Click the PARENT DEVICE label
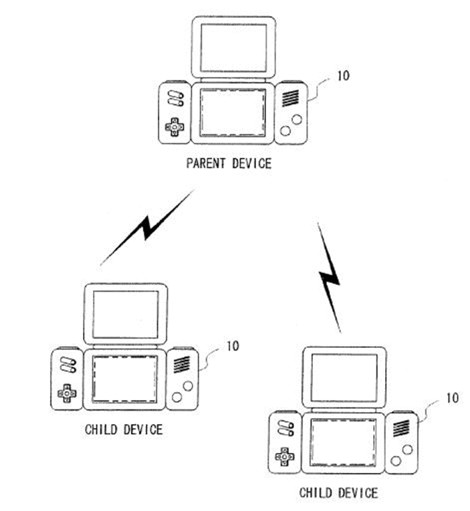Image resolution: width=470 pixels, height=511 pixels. [x=229, y=163]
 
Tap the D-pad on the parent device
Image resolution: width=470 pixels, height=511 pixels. [x=174, y=127]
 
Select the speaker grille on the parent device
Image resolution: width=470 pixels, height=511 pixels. [x=290, y=98]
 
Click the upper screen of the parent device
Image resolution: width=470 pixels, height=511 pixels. [x=233, y=48]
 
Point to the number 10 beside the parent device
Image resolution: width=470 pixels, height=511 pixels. [x=343, y=76]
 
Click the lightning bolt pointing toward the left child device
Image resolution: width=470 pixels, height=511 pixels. [x=148, y=227]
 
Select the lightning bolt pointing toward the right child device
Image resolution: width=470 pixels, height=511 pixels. [x=330, y=278]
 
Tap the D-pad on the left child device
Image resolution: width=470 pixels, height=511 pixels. [x=67, y=393]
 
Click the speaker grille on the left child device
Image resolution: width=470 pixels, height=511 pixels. [x=182, y=364]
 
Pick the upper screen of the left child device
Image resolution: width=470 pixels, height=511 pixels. [x=126, y=314]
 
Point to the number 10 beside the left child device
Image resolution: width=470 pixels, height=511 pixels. [x=233, y=346]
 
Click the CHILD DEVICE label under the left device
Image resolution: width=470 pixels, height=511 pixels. [x=124, y=429]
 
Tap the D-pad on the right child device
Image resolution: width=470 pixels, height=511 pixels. [x=285, y=456]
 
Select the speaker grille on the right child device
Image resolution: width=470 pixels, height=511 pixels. [x=401, y=428]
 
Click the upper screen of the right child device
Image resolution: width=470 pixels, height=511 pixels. [x=344, y=378]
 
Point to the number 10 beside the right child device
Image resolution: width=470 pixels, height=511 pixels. [x=453, y=398]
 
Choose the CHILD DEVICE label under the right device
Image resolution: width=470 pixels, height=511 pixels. [x=339, y=493]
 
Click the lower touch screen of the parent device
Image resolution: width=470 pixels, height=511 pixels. [x=233, y=113]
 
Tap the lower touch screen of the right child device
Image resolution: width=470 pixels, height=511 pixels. [x=343, y=443]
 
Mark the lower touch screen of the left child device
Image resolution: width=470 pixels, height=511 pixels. [x=125, y=379]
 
